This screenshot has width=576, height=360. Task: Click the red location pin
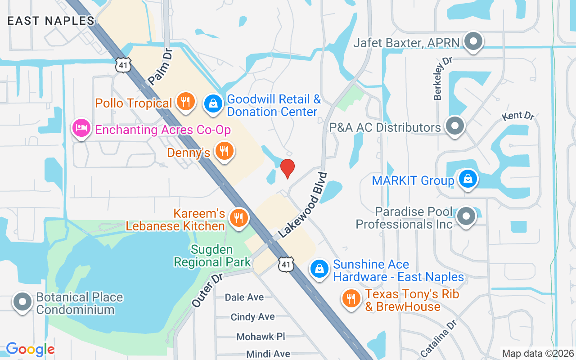click(287, 168)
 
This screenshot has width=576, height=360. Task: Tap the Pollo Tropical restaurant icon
click(184, 101)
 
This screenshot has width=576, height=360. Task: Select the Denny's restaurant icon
click(224, 151)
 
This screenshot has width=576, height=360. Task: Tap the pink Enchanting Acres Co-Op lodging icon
click(81, 128)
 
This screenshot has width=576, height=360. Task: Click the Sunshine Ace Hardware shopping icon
click(319, 269)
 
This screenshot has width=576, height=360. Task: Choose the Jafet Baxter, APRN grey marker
click(473, 42)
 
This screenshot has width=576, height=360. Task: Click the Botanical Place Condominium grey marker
click(22, 301)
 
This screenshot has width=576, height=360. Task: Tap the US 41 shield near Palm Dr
click(123, 65)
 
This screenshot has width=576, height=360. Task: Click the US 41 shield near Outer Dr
click(286, 264)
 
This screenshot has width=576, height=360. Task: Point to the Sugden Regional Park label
click(212, 256)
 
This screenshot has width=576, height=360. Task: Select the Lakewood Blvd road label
click(302, 205)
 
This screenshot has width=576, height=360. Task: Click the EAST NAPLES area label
click(51, 21)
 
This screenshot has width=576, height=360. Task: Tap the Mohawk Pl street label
click(261, 337)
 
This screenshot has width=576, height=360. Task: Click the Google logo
click(30, 349)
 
